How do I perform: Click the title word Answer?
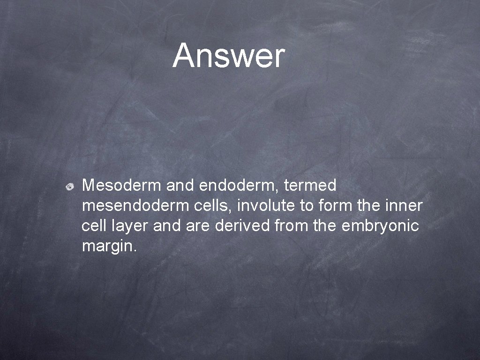click(x=228, y=56)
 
